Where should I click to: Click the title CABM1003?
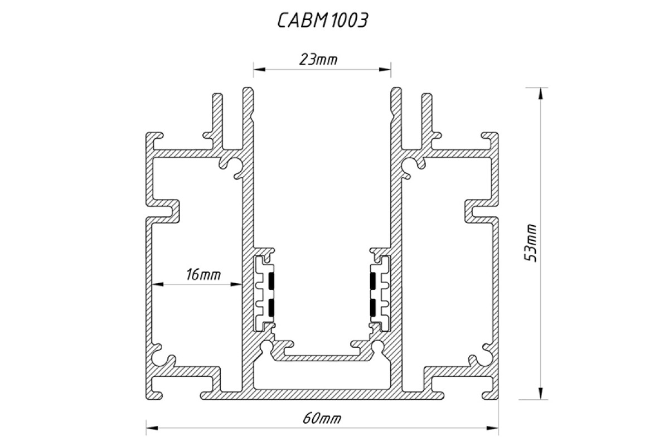(322, 21)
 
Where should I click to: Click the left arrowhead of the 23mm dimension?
(258, 70)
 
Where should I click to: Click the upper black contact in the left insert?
(272, 282)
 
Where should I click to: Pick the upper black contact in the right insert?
(372, 282)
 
